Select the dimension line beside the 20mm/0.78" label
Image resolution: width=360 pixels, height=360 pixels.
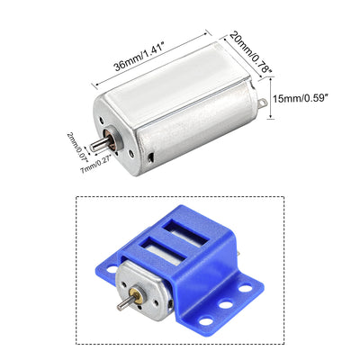pyautogui.click(x=236, y=40)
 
